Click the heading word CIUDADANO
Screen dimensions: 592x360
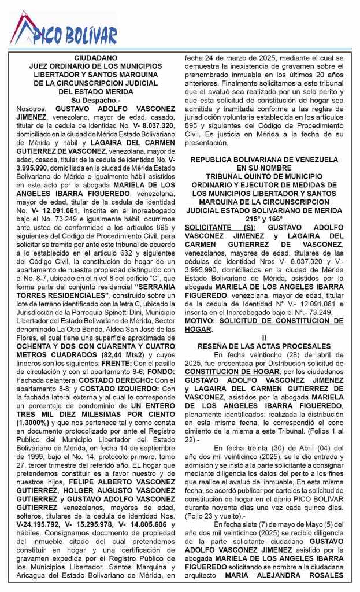coord(95,58)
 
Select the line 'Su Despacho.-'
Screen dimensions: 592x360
coord(95,99)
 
